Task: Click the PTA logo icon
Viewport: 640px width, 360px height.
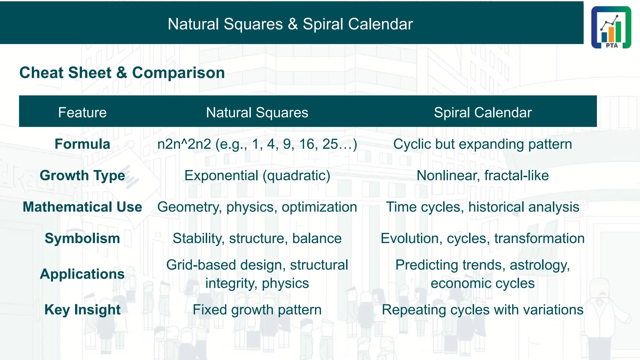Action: click(611, 27)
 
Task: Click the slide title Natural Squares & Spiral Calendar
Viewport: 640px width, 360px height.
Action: click(290, 24)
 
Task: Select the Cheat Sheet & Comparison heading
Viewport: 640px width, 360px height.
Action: click(122, 72)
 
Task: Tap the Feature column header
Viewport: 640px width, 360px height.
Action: click(82, 112)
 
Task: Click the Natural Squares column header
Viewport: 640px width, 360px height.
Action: click(257, 112)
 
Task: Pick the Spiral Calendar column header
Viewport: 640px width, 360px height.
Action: click(482, 112)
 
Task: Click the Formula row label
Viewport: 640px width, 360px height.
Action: click(82, 144)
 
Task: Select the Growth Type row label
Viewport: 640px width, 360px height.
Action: click(82, 175)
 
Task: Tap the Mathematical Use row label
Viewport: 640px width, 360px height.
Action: click(82, 207)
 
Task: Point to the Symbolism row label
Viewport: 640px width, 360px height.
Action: click(82, 238)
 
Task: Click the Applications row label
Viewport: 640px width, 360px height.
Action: click(82, 274)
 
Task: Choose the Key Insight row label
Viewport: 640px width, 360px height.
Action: click(82, 310)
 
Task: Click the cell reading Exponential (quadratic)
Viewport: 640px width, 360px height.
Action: click(257, 175)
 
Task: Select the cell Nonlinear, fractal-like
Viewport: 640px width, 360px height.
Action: click(482, 175)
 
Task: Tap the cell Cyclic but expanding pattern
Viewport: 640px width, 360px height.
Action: click(482, 144)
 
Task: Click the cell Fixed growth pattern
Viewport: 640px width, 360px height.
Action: click(257, 310)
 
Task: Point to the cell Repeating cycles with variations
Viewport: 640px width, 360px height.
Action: click(482, 310)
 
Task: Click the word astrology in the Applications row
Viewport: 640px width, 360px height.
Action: click(539, 265)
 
